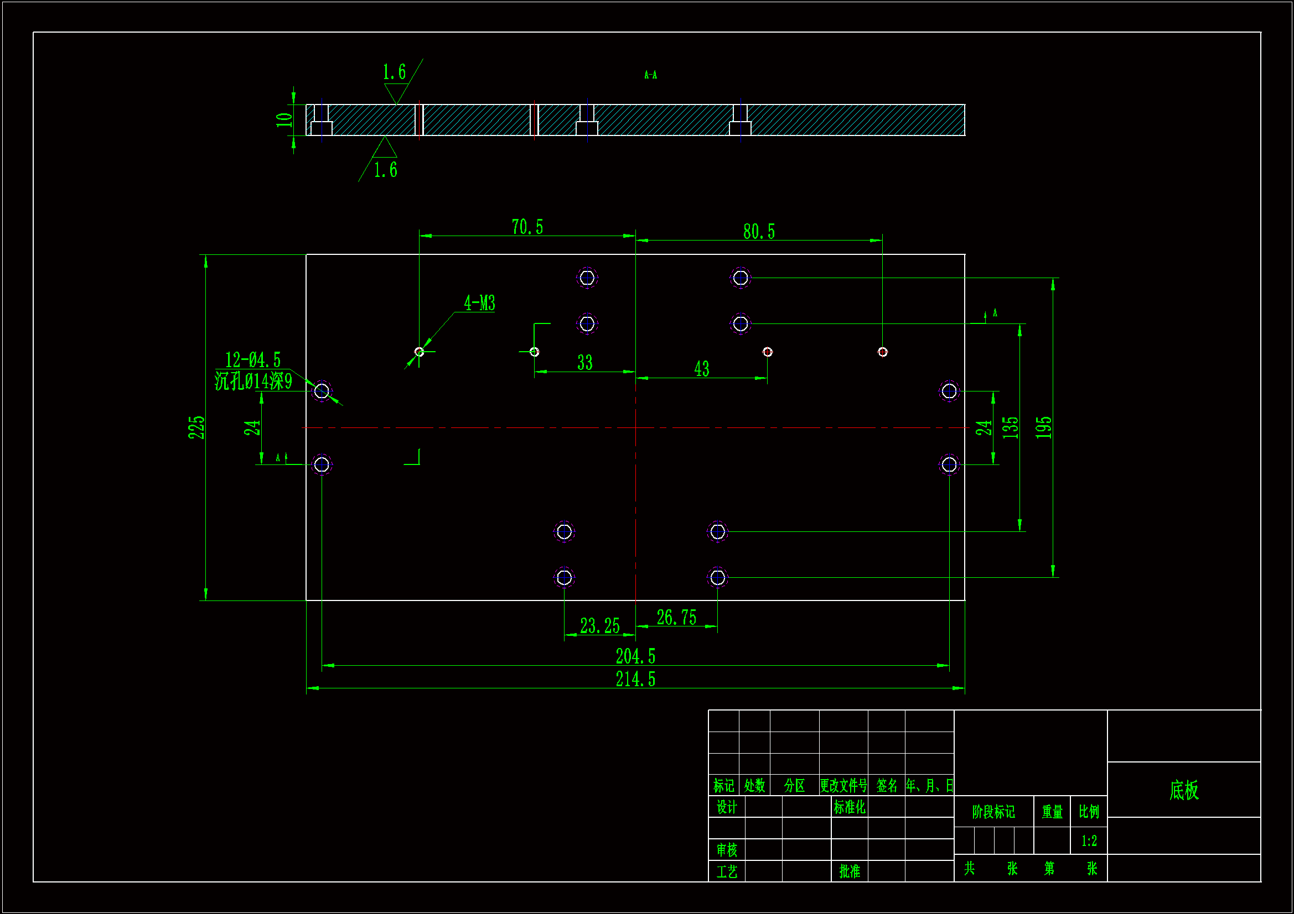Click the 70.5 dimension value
click(527, 227)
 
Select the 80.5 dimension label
click(759, 232)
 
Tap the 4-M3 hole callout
click(479, 304)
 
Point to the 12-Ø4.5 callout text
click(252, 360)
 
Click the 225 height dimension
click(196, 427)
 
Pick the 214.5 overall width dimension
click(635, 679)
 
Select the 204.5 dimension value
click(635, 656)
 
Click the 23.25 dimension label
click(599, 626)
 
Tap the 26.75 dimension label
click(676, 618)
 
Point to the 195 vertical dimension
click(1043, 427)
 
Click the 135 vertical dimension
click(1011, 427)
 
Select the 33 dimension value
click(585, 363)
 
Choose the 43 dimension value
click(702, 369)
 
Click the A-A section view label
click(650, 75)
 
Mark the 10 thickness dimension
click(284, 120)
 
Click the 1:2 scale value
click(1089, 841)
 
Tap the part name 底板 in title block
click(1183, 790)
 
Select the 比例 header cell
click(1089, 812)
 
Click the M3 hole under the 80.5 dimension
click(883, 352)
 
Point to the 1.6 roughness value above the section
click(394, 72)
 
